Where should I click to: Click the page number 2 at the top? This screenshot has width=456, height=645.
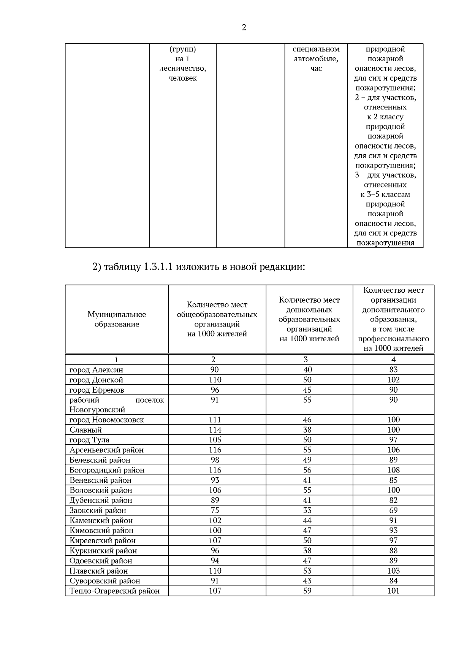(x=244, y=27)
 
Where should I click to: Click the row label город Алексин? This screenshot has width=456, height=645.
(x=96, y=370)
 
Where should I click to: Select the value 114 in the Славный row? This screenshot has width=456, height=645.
(x=215, y=430)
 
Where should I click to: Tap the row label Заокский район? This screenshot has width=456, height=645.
(x=98, y=510)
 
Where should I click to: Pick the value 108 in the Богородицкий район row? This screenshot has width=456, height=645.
(x=393, y=470)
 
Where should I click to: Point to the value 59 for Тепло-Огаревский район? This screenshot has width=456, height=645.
(x=307, y=591)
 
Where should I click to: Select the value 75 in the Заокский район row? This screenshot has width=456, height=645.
(x=215, y=510)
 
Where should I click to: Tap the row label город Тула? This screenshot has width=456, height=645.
(x=89, y=440)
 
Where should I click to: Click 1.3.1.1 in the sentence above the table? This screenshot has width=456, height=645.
(x=158, y=267)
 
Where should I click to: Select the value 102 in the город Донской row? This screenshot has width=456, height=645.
(x=393, y=380)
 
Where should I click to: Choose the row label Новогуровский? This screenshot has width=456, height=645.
(x=97, y=410)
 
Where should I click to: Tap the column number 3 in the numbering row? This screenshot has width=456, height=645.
(x=306, y=360)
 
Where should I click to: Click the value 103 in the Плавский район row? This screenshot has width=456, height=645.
(x=393, y=571)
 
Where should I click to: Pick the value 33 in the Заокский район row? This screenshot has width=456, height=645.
(x=307, y=510)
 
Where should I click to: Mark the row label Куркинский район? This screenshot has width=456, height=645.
(x=103, y=551)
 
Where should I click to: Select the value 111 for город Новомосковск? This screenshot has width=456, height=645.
(x=215, y=420)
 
